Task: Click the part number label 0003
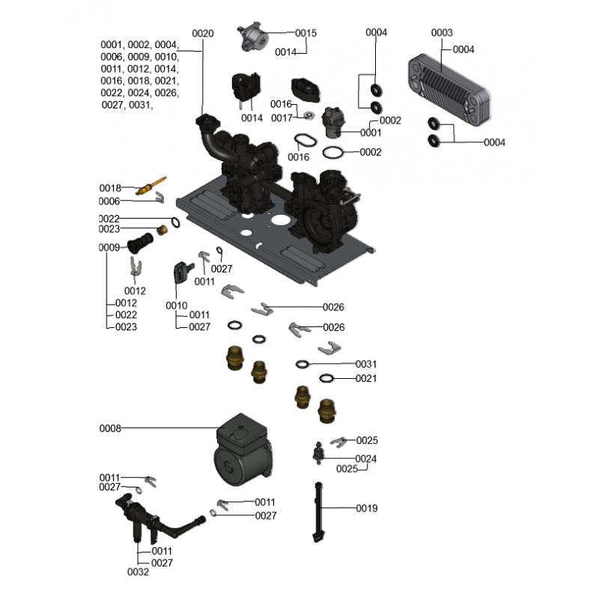pyautogui.click(x=443, y=33)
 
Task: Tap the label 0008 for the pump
pyautogui.click(x=110, y=429)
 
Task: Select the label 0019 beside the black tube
pyautogui.click(x=367, y=508)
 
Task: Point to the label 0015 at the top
pyautogui.click(x=306, y=33)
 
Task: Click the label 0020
pyautogui.click(x=203, y=33)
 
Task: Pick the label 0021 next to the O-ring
pyautogui.click(x=366, y=378)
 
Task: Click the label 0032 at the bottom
pyautogui.click(x=139, y=572)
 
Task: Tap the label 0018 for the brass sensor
pyautogui.click(x=110, y=187)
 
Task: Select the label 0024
pyautogui.click(x=366, y=459)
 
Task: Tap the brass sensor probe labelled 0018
pyautogui.click(x=151, y=185)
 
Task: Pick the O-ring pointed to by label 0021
pyautogui.click(x=328, y=379)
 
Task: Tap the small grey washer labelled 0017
pyautogui.click(x=308, y=117)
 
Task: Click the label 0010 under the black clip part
pyautogui.click(x=177, y=305)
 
